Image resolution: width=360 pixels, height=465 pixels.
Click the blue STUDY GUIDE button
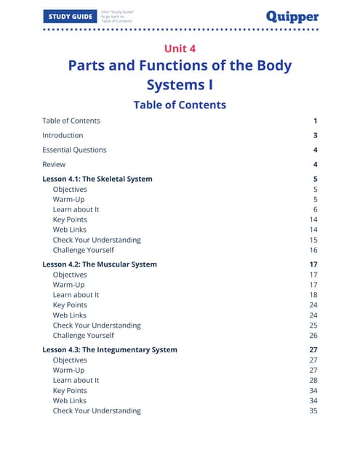tap(70, 16)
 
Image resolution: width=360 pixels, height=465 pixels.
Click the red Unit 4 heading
tap(180, 49)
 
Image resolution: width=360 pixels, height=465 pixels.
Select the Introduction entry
tap(63, 135)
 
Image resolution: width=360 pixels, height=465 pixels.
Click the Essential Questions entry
tap(74, 150)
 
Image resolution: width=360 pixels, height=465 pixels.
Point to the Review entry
tap(54, 164)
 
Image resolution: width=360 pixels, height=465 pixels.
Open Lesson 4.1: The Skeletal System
tap(97, 179)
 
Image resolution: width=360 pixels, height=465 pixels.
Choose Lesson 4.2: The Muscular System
tap(100, 264)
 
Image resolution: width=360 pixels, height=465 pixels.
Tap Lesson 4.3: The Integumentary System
tap(110, 349)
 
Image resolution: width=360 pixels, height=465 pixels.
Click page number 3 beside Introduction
tap(316, 135)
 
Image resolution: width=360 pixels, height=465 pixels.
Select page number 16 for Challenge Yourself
tap(313, 250)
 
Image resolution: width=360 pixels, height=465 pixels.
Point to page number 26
tap(313, 336)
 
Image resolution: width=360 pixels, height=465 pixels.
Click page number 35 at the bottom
tap(313, 411)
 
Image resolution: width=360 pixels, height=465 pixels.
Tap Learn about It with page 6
tap(76, 209)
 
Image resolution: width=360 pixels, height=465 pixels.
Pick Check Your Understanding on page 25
tap(97, 325)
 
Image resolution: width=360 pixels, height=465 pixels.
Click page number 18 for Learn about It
tap(313, 295)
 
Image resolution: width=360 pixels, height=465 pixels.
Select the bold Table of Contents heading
tap(180, 105)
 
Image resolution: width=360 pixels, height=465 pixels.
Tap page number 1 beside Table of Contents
tap(316, 121)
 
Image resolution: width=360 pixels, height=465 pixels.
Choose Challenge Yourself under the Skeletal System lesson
tap(83, 250)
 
